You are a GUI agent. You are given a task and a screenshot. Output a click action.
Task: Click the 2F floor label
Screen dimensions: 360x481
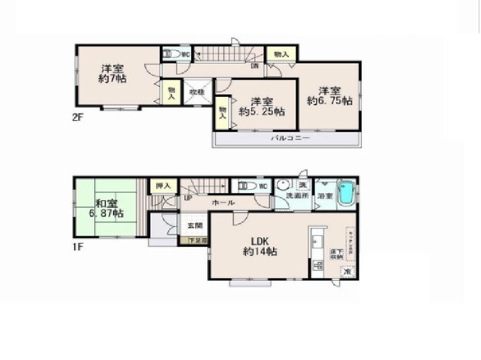pos(77,117)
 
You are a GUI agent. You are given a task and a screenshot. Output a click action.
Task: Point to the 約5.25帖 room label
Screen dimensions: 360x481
pos(262,111)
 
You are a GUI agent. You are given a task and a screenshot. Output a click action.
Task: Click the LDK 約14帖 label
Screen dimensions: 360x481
pos(259,246)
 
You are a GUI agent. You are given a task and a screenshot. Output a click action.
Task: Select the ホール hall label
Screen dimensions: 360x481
pos(223,203)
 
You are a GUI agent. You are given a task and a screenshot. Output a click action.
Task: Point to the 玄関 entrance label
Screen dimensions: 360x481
pos(195,225)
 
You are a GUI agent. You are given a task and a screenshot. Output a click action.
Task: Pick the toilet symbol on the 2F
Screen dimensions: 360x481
pos(172,54)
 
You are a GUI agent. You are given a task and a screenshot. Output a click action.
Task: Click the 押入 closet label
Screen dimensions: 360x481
pos(162,186)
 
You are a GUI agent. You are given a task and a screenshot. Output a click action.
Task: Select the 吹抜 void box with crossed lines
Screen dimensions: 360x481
pos(196,91)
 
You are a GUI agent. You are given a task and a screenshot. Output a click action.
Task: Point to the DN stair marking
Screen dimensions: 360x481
pos(254,66)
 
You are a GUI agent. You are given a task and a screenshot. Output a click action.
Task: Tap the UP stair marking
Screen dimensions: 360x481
pos(187,197)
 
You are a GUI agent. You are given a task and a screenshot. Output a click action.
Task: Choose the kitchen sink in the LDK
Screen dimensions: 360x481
pos(318,243)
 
